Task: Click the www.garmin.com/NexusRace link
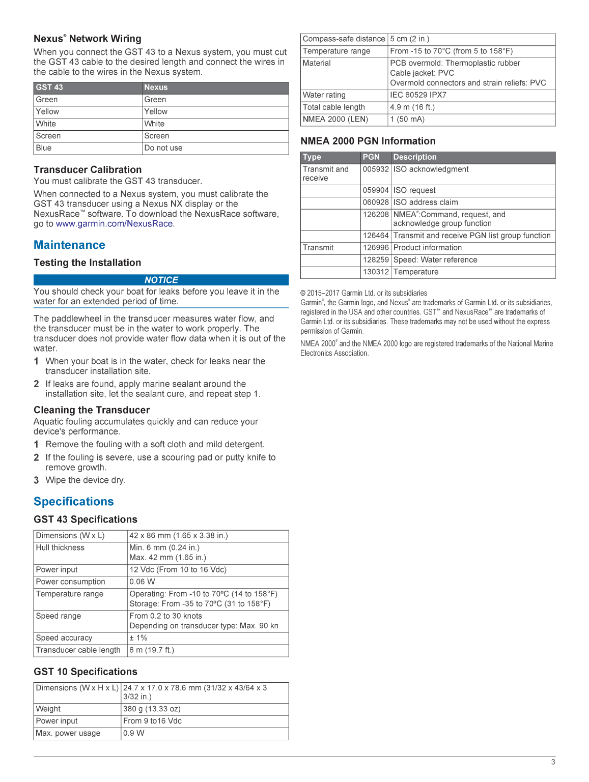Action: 115,224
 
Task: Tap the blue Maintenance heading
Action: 69,245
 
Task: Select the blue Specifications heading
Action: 74,502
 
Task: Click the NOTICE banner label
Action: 161,280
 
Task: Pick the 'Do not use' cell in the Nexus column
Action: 163,148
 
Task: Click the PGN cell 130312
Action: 376,272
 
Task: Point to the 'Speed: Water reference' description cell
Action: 435,260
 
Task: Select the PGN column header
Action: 371,157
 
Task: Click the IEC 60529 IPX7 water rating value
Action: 418,95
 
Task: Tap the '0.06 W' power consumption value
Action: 142,582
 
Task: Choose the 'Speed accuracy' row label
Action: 64,638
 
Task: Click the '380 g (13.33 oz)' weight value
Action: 152,709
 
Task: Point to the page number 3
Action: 553,762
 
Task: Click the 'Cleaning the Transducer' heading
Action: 92,410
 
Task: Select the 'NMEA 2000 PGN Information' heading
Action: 368,141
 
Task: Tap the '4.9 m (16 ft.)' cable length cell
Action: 412,107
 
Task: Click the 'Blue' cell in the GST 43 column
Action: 44,148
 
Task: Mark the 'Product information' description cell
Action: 428,248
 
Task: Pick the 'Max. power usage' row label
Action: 68,734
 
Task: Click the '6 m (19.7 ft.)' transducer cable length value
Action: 152,650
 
